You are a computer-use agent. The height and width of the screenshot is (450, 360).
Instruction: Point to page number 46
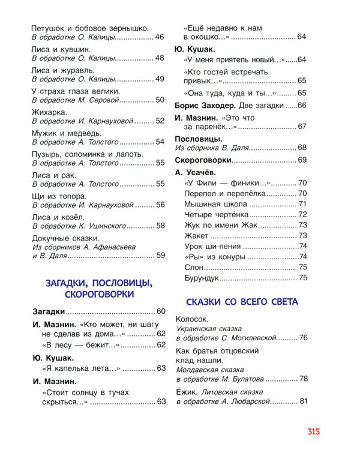point(160,37)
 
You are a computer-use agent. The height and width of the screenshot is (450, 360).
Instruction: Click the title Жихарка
point(49,112)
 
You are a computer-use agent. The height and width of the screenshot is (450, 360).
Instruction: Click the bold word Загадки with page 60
point(47,311)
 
